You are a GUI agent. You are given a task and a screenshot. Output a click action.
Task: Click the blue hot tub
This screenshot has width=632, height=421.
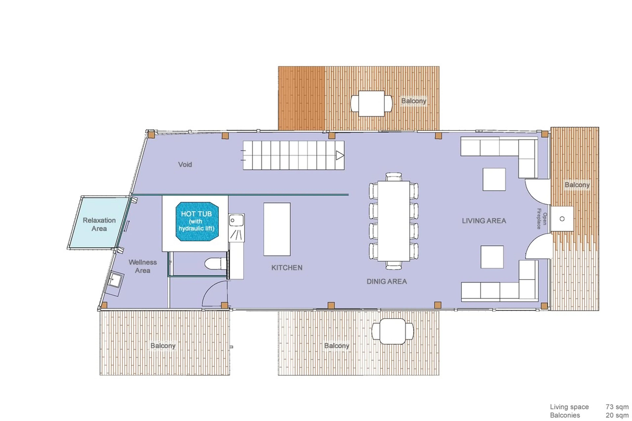[197, 221]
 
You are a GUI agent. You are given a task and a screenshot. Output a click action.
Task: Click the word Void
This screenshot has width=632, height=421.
[185, 164]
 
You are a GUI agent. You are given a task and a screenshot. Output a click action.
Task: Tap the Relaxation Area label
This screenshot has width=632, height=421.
[99, 224]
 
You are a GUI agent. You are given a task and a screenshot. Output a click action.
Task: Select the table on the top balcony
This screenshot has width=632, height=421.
[371, 103]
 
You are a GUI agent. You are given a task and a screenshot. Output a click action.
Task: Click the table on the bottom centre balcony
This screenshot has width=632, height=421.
[392, 331]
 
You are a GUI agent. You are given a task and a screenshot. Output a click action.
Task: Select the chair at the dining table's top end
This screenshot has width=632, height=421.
[394, 177]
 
